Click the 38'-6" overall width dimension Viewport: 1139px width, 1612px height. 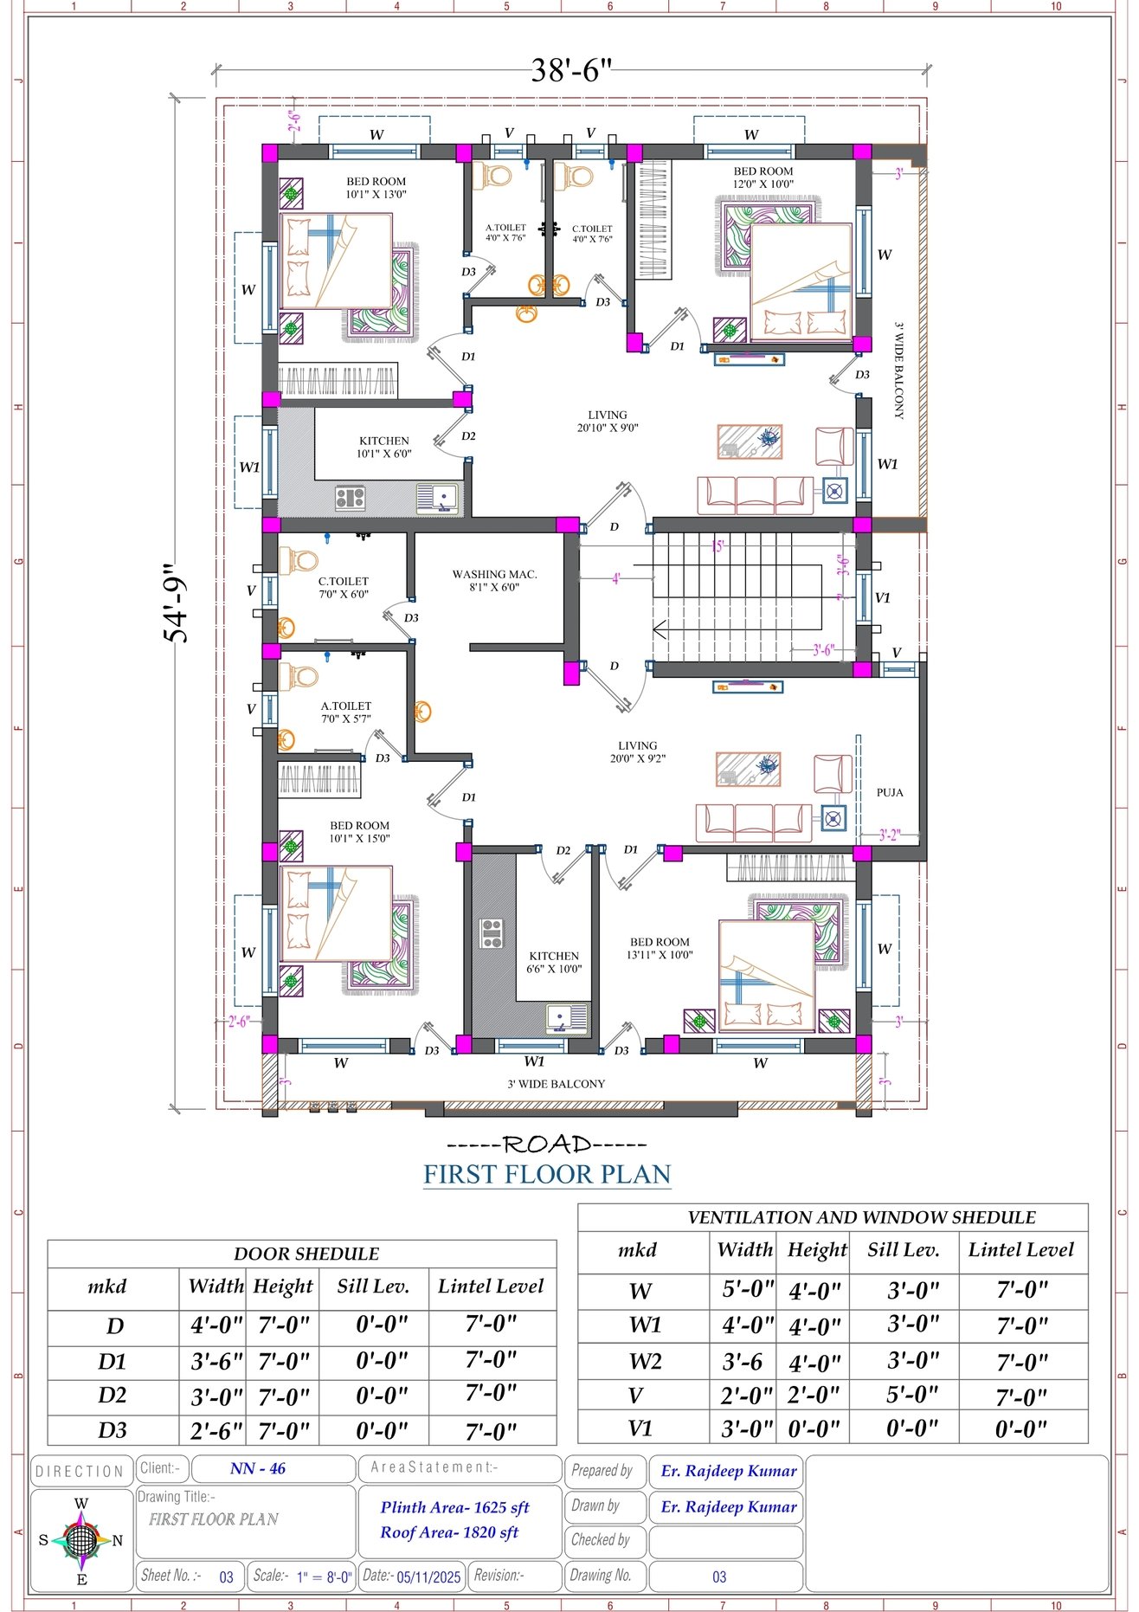click(x=570, y=71)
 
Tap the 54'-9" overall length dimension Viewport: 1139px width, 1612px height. click(x=177, y=603)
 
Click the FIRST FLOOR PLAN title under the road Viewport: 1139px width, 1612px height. click(x=547, y=1175)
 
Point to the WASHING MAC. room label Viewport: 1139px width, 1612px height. click(x=494, y=580)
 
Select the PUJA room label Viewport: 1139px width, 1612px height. click(x=889, y=792)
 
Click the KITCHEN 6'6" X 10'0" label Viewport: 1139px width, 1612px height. click(x=554, y=963)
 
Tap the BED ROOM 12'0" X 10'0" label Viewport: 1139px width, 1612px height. click(x=763, y=177)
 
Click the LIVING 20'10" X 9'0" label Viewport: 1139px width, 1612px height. click(x=607, y=422)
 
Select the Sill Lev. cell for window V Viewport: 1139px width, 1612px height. click(x=912, y=1395)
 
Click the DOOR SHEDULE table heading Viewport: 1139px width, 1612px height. click(x=306, y=1254)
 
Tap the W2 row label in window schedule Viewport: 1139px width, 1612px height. click(x=644, y=1362)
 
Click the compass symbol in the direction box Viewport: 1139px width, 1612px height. click(x=80, y=1540)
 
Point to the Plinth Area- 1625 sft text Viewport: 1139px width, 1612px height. click(x=454, y=1507)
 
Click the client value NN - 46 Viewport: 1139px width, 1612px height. click(x=258, y=1468)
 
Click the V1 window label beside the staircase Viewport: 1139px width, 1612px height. click(x=882, y=597)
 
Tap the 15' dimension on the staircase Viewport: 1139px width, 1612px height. click(x=717, y=546)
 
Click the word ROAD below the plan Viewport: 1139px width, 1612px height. click(x=547, y=1145)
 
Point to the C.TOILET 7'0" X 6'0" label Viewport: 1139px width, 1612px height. click(x=343, y=588)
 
